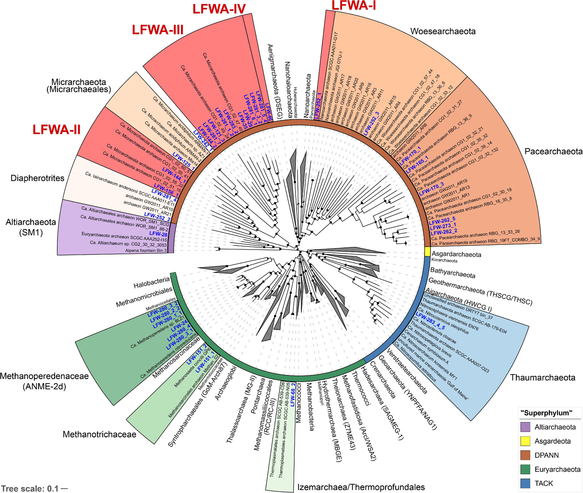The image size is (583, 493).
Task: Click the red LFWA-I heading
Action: coord(354,6)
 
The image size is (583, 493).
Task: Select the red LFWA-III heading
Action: coord(158,30)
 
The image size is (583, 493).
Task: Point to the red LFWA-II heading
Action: coord(56,130)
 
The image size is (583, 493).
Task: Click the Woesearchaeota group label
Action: coord(443,31)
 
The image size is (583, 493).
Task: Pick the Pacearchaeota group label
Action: coord(553,151)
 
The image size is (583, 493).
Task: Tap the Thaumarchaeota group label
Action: coord(543,378)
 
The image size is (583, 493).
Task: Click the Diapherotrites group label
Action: coord(37,178)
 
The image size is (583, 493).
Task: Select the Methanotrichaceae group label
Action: coord(99,434)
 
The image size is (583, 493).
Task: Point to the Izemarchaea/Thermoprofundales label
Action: coord(361,487)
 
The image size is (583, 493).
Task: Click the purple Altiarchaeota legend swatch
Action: coord(525,427)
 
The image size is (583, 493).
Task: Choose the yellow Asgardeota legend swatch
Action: coord(525,441)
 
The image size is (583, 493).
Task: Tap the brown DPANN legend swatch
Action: coord(525,455)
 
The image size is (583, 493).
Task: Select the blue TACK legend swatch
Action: coord(525,483)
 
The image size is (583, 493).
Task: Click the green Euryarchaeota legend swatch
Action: coord(525,469)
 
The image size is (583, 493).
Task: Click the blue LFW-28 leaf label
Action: coord(160,234)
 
